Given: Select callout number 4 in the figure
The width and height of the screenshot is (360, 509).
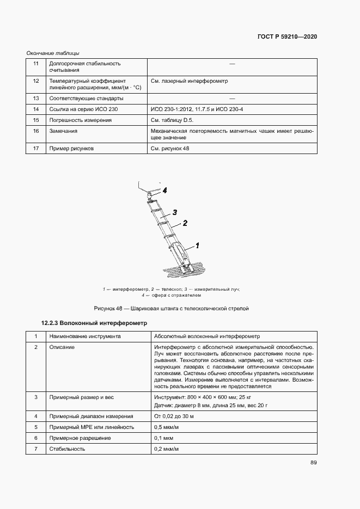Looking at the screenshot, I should tap(163, 191).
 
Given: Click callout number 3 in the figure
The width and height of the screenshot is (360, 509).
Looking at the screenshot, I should tap(175, 212).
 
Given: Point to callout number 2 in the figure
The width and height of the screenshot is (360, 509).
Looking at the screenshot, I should tap(185, 223).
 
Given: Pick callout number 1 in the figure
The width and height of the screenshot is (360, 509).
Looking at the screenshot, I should tap(197, 246).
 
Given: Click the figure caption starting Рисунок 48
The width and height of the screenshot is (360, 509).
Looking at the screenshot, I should tap(172, 309).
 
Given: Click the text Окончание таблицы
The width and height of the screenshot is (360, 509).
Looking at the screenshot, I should tap(53, 53).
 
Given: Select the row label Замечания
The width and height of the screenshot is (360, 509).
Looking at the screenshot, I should tap(63, 131).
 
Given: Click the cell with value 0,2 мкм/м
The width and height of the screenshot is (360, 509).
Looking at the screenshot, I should tap(167, 449).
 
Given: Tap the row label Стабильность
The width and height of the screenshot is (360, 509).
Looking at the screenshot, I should tap(67, 449).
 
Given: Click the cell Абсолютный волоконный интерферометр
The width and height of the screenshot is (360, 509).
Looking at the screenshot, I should tap(208, 336).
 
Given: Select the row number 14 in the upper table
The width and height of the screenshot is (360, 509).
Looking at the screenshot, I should tap(36, 109).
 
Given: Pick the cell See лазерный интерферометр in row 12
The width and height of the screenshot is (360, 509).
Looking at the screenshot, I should tap(189, 81).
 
